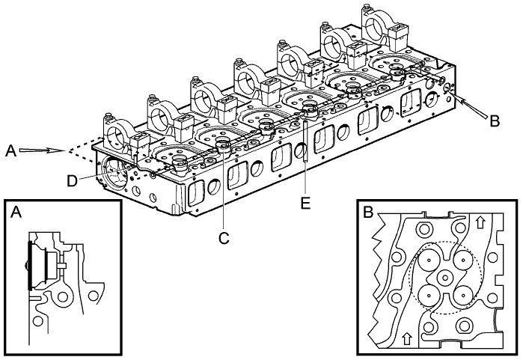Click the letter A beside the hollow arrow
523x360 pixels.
tap(9, 150)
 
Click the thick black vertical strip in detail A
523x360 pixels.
tap(28, 265)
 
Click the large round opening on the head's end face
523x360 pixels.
tap(116, 177)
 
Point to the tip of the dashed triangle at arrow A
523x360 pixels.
tap(68, 153)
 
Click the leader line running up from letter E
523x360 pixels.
tap(307, 157)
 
